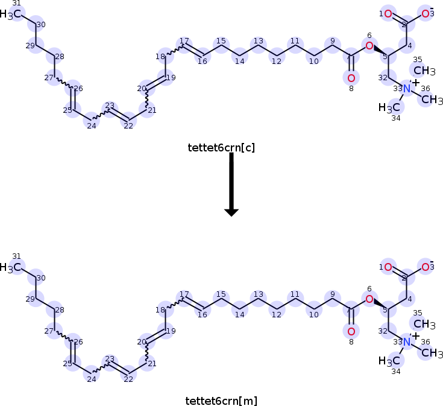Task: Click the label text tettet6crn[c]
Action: coord(221,147)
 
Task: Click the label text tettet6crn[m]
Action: coord(221,400)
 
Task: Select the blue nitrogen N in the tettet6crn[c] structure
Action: coord(407,89)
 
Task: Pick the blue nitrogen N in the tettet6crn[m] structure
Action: coord(407,342)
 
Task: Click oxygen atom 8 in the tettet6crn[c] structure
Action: coord(351,78)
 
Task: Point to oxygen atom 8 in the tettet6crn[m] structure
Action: coord(351,331)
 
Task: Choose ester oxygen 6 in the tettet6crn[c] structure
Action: coord(369,46)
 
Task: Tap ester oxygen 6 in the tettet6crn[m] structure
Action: coord(369,299)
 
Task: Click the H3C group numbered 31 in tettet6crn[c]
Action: coord(13,14)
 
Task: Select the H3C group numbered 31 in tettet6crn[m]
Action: coord(13,267)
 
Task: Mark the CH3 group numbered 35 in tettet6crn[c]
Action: coord(424,71)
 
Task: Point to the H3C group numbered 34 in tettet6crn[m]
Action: coord(389,361)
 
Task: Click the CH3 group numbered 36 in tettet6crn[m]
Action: coord(429,353)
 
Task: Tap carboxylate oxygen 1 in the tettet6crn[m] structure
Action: coord(388,267)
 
